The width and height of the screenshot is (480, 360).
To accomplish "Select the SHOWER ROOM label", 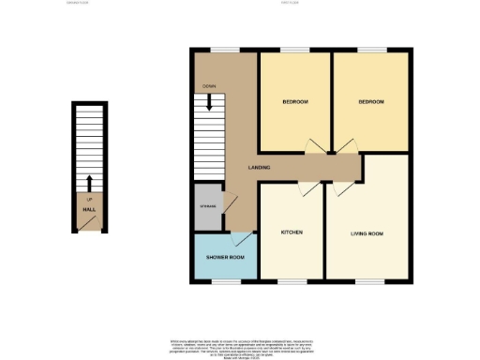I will click(x=225, y=257).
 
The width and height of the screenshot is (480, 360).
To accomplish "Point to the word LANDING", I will click(x=261, y=167).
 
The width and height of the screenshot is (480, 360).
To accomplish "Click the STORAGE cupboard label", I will click(x=207, y=206).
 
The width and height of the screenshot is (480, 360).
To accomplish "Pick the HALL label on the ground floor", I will click(x=88, y=210).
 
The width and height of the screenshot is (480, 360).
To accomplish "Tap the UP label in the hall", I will click(x=88, y=200).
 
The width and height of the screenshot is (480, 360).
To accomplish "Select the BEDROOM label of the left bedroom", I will click(x=295, y=100).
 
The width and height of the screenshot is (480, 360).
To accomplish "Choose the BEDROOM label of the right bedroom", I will click(x=371, y=100).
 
